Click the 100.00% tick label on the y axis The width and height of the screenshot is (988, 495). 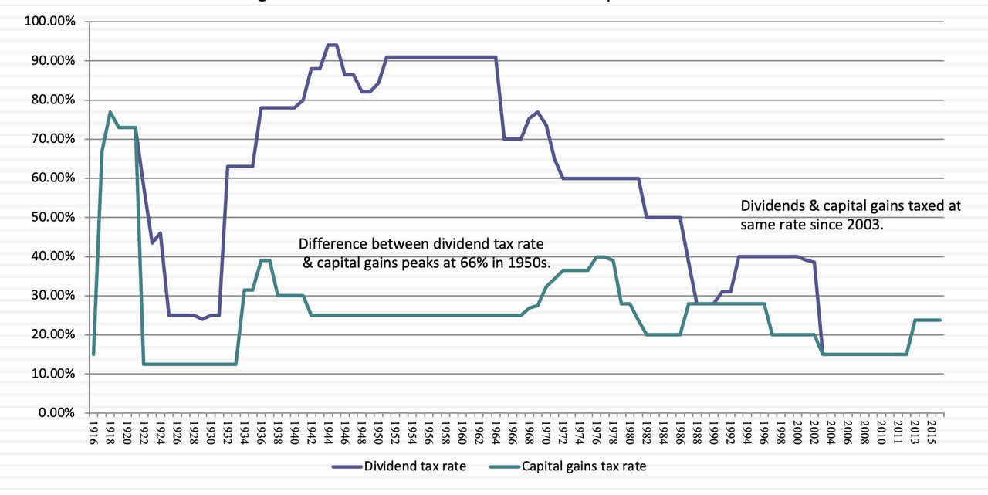(x=51, y=22)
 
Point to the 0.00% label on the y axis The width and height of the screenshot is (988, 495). (x=56, y=413)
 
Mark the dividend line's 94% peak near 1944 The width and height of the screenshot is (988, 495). (x=332, y=45)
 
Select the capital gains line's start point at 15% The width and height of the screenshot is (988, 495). (x=93, y=354)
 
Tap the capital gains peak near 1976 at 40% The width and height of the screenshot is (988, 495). (x=601, y=256)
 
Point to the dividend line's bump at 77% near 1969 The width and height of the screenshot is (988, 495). (x=537, y=112)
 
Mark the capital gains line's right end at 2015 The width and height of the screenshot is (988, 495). (x=940, y=320)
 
